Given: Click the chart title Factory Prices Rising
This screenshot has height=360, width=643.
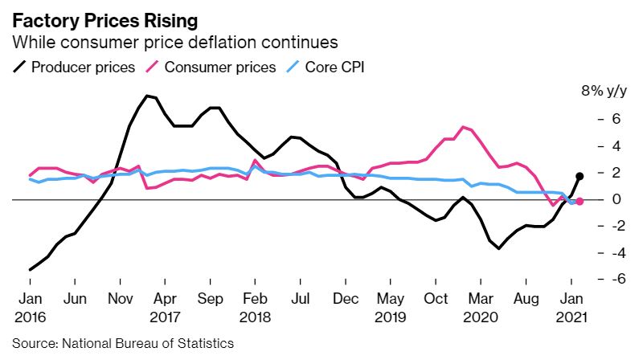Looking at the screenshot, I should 99,18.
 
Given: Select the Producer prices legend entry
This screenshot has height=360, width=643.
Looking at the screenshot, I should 73,67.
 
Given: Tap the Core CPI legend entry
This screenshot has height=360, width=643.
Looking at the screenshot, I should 325,67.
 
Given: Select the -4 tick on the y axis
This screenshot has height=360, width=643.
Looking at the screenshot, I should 596,252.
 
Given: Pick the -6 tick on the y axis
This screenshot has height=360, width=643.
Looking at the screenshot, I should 596,279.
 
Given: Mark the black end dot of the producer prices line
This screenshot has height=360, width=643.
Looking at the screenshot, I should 580,175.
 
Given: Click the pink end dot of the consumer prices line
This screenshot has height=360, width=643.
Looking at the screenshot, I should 580,201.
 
